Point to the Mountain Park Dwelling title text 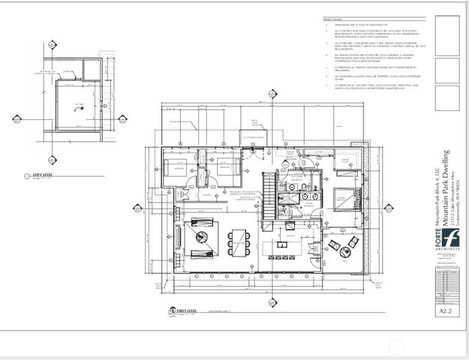447,187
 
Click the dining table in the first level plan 241,241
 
